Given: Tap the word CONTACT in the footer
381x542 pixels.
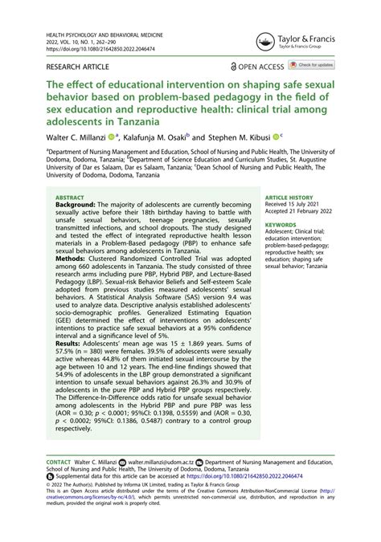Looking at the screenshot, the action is click(59, 463).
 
